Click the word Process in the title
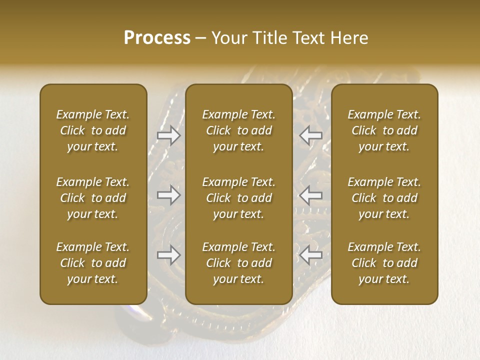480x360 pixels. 157,38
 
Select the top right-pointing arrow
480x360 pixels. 169,135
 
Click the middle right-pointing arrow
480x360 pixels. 169,195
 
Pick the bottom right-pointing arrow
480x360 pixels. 169,255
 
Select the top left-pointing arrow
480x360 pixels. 311,135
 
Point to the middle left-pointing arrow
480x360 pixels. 311,195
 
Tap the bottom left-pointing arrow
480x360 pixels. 311,255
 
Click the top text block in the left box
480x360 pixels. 93,130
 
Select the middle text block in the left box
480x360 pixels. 93,198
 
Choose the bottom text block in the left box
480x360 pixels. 93,263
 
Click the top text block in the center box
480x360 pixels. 238,130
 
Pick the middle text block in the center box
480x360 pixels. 238,198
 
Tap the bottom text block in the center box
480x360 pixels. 238,263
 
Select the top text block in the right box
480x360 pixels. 384,130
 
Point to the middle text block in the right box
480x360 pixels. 384,198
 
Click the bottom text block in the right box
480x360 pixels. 384,263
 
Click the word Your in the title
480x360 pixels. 229,38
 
